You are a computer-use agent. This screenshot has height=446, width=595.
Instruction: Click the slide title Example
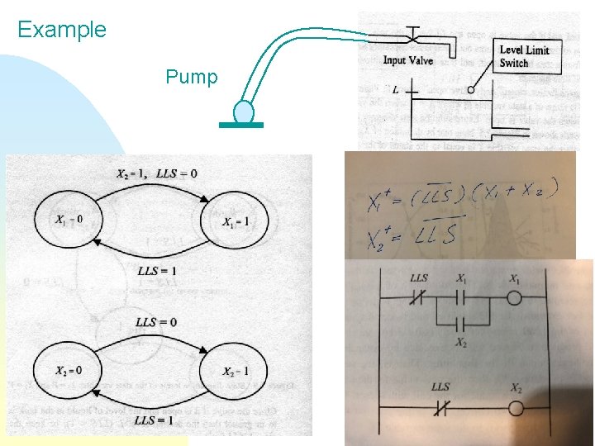[62, 31]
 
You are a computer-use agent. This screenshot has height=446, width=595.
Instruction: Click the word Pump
[192, 78]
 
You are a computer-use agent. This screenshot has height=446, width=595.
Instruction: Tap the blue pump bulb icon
[243, 111]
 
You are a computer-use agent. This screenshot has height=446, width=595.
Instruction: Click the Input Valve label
[408, 60]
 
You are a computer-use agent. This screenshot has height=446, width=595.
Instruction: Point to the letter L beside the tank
[396, 88]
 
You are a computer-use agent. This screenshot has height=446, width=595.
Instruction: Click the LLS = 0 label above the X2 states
[156, 321]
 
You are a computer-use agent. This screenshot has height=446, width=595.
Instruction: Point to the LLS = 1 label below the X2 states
[155, 420]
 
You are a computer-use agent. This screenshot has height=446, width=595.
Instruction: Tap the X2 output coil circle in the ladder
[516, 408]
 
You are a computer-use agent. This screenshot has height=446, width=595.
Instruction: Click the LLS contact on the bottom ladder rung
[440, 408]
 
